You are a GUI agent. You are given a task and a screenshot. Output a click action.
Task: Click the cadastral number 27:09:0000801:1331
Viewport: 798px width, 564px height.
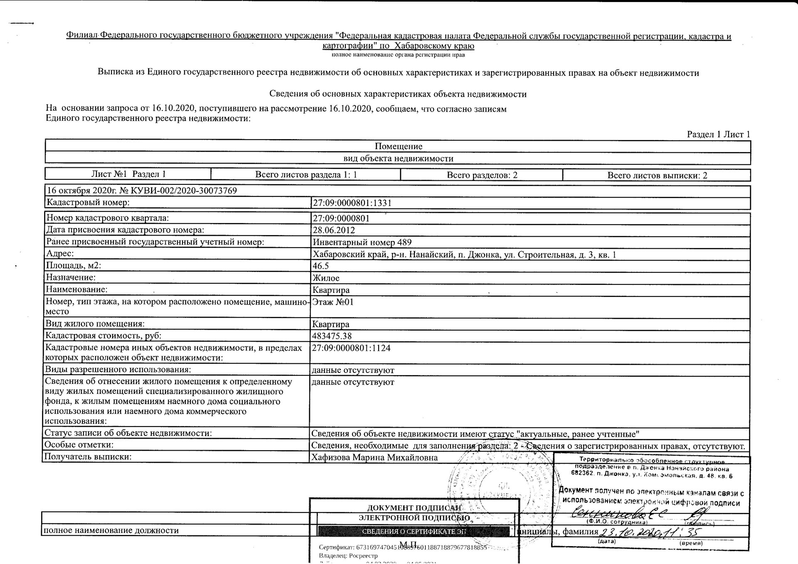tap(352, 203)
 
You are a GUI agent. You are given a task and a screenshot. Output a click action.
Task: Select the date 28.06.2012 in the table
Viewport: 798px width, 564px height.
tap(333, 230)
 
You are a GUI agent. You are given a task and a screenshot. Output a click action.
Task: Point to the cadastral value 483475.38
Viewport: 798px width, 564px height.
tap(332, 336)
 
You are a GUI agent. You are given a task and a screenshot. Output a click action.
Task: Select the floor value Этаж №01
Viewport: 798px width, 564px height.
tap(332, 302)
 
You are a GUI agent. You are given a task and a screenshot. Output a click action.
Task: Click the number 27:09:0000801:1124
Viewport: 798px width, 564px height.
tap(351, 348)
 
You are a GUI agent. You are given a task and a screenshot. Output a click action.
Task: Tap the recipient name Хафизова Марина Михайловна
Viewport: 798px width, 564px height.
tap(374, 457)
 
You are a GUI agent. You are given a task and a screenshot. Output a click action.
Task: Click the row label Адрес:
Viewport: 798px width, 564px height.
tap(60, 253)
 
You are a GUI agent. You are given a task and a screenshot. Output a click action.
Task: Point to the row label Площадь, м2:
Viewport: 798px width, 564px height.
tap(73, 265)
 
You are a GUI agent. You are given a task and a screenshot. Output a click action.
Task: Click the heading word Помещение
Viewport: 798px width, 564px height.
tap(398, 146)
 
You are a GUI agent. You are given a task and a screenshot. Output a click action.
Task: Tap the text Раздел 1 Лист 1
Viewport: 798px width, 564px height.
tap(718, 134)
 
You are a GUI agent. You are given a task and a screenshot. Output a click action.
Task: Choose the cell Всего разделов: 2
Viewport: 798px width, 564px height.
tap(482, 175)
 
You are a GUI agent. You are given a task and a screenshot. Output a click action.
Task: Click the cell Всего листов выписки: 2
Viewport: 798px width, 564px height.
tap(657, 175)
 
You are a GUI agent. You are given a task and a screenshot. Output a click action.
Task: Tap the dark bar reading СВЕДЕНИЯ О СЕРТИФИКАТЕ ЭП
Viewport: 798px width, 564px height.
tap(414, 531)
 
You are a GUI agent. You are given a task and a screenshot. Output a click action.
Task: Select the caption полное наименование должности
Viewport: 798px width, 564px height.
tap(111, 530)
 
